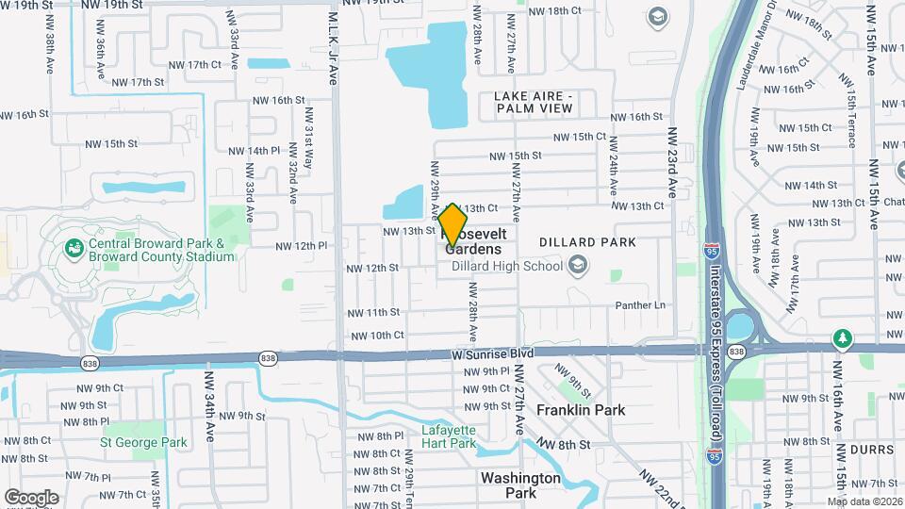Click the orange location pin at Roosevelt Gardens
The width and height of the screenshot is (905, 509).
(x=453, y=224)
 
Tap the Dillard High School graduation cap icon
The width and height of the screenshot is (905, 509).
(x=578, y=266)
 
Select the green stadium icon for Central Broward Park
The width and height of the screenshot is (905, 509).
(x=74, y=248)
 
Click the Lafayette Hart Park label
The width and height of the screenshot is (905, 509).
(x=448, y=436)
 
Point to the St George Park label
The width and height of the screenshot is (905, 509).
(x=143, y=441)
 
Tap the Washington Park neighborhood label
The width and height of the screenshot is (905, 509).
(x=521, y=484)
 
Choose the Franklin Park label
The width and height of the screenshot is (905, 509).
(x=581, y=411)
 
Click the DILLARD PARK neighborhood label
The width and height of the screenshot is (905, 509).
(x=588, y=242)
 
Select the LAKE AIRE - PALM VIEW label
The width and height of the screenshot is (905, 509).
(x=534, y=102)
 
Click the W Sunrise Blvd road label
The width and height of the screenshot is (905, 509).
(x=492, y=353)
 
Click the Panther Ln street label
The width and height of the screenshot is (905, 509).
(x=640, y=305)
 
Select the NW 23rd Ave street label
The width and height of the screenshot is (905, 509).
(x=672, y=162)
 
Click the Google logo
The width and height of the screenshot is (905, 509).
(x=31, y=497)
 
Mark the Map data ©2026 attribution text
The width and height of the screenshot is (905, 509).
(x=864, y=501)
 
